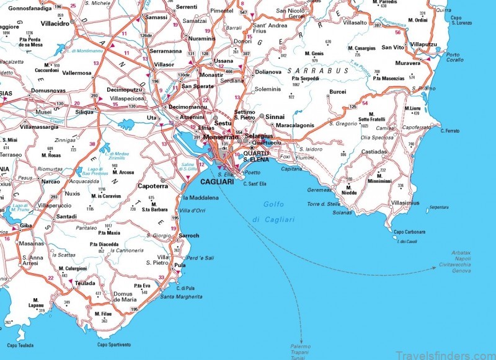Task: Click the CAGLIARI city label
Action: [216, 181]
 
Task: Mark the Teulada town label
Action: [85, 282]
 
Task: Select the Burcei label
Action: [337, 92]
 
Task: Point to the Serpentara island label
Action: [439, 206]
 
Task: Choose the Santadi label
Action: [66, 216]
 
